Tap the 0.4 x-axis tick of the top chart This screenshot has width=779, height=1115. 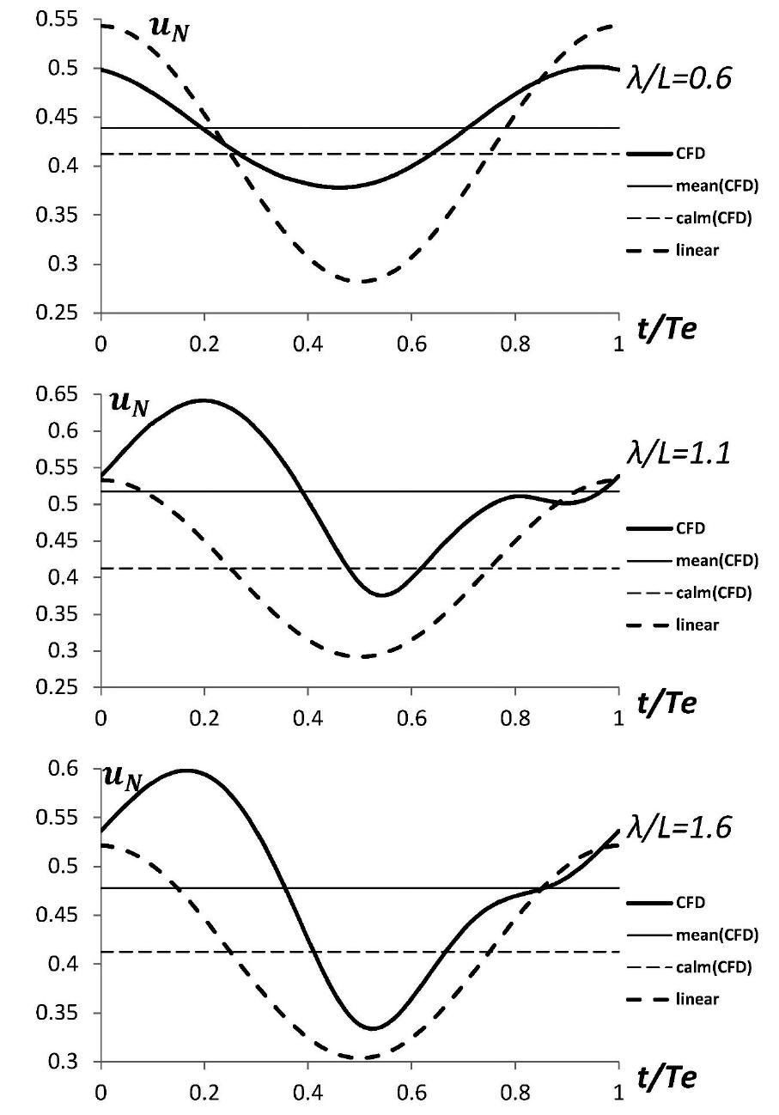pyautogui.click(x=307, y=337)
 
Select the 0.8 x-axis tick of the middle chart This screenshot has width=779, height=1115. pyautogui.click(x=515, y=712)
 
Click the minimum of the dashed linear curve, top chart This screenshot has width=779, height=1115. pyautogui.click(x=361, y=281)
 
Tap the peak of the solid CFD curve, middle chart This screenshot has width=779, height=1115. pyautogui.click(x=204, y=400)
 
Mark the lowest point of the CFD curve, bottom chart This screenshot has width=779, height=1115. pyautogui.click(x=372, y=1027)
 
